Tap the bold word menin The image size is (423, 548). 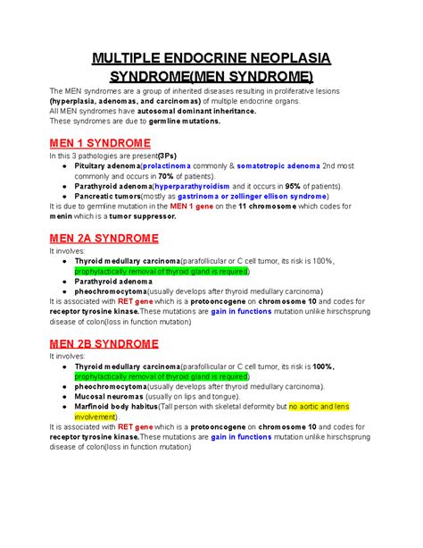(62, 217)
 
